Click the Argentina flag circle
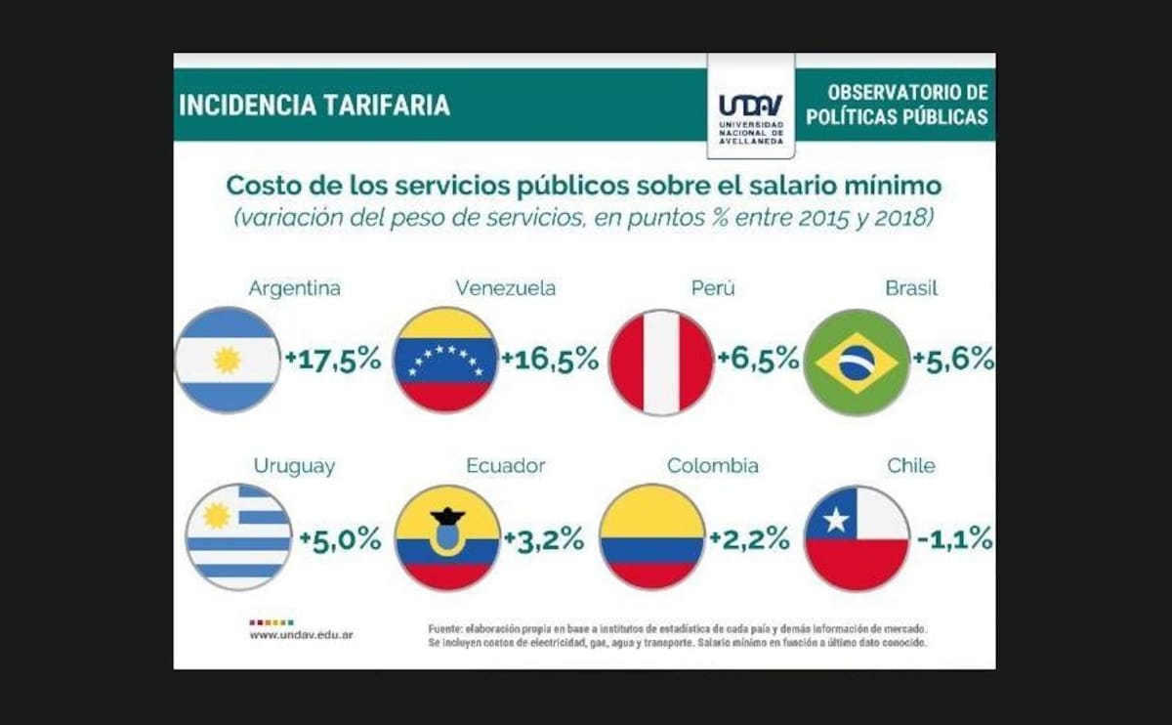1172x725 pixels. [x=228, y=361]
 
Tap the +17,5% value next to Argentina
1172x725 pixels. [x=332, y=359]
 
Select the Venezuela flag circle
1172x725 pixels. [x=445, y=361]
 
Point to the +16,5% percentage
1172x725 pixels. [x=550, y=359]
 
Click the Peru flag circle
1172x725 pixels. [x=661, y=362]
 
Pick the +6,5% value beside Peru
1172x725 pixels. [x=758, y=359]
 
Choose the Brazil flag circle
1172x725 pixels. [x=857, y=362]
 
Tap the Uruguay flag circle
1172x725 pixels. [x=238, y=537]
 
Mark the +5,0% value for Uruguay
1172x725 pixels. [x=340, y=538]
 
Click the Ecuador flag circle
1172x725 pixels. [x=447, y=537]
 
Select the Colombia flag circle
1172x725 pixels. [x=651, y=537]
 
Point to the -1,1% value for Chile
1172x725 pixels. [x=954, y=538]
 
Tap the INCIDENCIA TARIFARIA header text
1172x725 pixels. [x=314, y=106]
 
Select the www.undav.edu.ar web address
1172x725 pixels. [x=301, y=635]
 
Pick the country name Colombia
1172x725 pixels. [x=712, y=466]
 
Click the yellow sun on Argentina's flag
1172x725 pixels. [x=228, y=361]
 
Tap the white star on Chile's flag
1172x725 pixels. [x=835, y=520]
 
